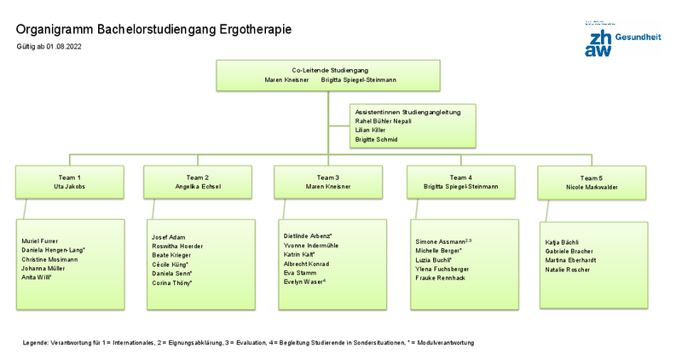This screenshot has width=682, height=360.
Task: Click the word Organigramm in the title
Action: [x=55, y=29]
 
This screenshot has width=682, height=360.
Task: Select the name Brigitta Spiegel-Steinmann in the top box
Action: [x=358, y=79]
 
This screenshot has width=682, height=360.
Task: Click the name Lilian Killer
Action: [x=370, y=130]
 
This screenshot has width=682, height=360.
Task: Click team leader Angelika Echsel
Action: [x=197, y=186]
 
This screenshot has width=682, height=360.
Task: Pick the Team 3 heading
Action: [x=327, y=177]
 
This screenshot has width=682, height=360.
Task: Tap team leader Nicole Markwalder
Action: [x=592, y=187]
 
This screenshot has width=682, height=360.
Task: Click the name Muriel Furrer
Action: [x=40, y=241]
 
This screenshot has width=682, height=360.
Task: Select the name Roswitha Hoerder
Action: [x=178, y=246]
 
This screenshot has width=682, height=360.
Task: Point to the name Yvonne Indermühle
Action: [x=310, y=245]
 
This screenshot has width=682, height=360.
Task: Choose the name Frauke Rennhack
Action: [x=440, y=278]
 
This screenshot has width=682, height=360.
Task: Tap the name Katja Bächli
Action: [x=562, y=242]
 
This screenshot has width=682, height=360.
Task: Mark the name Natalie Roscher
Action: [x=567, y=270]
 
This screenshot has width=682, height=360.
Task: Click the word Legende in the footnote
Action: [x=36, y=342]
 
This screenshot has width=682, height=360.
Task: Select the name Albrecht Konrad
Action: [x=308, y=264]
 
